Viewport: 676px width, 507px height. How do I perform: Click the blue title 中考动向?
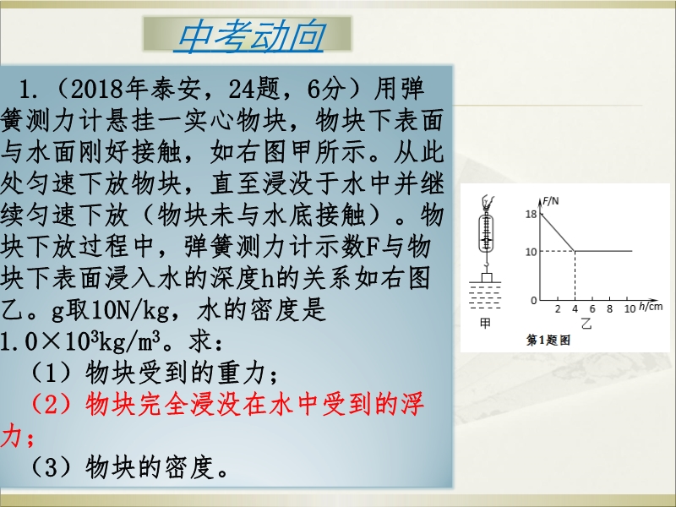250,36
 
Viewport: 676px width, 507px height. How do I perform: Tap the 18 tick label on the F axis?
532,215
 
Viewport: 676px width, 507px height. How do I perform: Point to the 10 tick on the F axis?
532,252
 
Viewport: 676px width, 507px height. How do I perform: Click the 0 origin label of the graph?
534,301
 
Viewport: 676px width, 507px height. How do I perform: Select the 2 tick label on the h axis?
558,308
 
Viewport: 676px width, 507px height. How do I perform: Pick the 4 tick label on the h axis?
575,308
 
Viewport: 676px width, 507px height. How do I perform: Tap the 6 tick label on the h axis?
592,308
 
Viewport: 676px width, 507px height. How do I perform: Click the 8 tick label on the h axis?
609,308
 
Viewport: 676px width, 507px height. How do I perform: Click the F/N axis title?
551,201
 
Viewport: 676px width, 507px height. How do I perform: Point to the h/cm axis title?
651,306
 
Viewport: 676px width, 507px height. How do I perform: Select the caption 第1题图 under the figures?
548,341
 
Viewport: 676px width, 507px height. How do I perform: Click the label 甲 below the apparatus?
485,323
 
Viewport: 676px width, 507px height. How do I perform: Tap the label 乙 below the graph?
586,323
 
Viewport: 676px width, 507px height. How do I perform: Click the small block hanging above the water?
487,277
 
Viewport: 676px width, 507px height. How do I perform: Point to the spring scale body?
487,233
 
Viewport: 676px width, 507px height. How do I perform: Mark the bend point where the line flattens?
575,251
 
